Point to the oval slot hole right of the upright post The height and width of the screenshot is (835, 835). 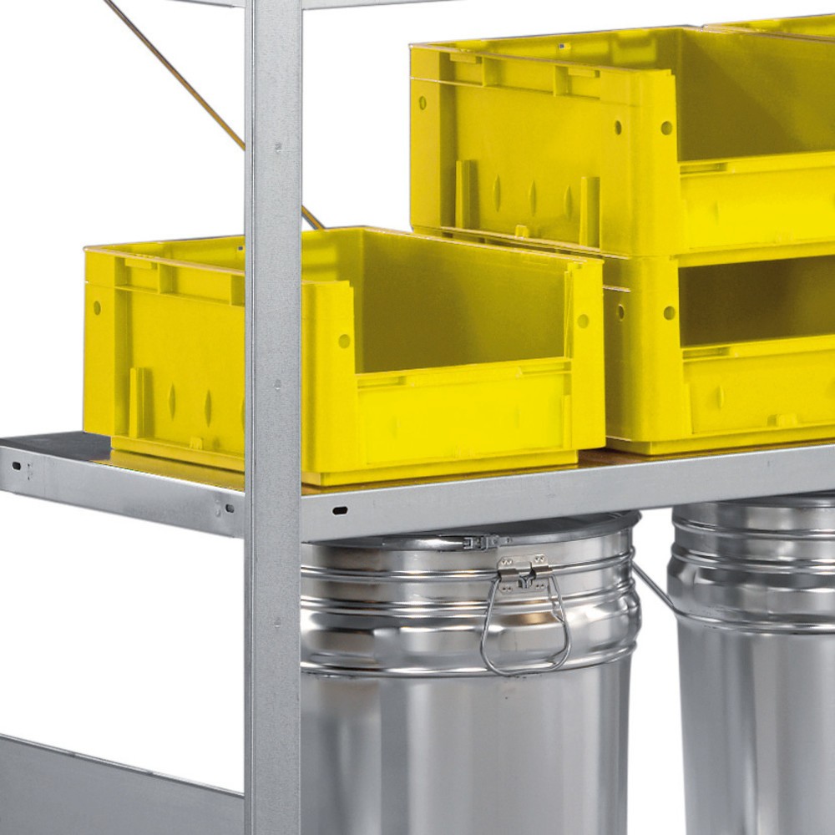(340, 509)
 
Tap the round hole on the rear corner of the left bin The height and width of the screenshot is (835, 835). (97, 307)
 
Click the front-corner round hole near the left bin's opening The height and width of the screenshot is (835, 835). (343, 341)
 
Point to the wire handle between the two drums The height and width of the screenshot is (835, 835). (653, 585)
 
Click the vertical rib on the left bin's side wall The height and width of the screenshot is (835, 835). (136, 401)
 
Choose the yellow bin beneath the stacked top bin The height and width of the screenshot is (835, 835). (718, 351)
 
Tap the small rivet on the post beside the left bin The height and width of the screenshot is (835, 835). (279, 386)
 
